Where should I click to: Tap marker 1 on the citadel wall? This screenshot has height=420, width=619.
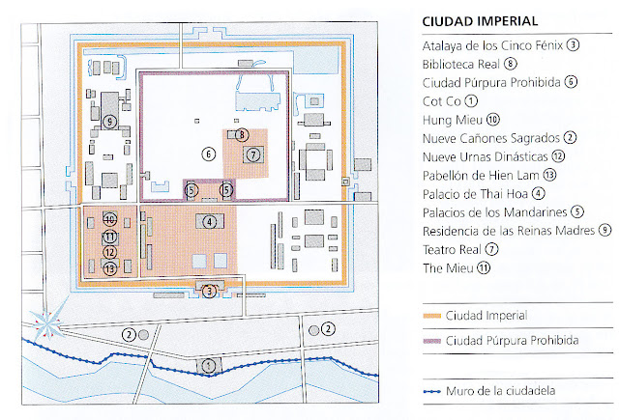tap(209, 366)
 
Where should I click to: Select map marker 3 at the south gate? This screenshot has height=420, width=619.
tap(209, 292)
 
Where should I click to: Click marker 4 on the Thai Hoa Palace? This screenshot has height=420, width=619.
tap(210, 222)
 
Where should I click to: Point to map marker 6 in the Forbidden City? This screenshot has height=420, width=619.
tap(209, 154)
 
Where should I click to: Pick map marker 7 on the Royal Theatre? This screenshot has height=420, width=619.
tap(253, 154)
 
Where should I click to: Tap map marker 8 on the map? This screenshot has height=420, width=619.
tap(242, 135)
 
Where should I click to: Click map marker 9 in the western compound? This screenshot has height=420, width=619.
tap(109, 122)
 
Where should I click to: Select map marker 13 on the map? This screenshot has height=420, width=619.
tap(110, 268)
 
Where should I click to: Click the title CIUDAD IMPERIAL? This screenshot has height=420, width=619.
tap(480, 21)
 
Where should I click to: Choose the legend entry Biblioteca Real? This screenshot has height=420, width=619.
tap(461, 65)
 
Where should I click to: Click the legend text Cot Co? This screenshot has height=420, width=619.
tap(442, 101)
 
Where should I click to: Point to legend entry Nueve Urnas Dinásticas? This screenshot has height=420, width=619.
tap(486, 157)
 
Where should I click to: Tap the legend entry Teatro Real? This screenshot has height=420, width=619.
tap(452, 250)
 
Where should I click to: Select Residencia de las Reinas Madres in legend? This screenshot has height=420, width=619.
tap(509, 231)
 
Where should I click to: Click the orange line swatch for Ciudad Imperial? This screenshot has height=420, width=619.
tap(431, 316)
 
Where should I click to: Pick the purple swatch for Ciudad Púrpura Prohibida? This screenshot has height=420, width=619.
tap(431, 341)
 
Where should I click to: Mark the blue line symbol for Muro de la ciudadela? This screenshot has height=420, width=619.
tap(431, 392)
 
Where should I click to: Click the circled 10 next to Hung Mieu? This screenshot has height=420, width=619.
tap(492, 120)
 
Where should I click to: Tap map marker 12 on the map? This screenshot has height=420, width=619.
tap(110, 252)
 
